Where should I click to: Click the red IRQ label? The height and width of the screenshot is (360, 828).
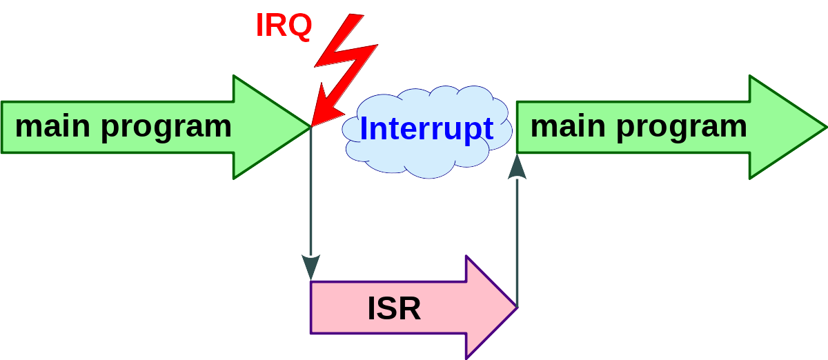point(284,25)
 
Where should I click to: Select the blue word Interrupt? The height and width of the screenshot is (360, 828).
point(426,129)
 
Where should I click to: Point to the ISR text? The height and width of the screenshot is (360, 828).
point(394,309)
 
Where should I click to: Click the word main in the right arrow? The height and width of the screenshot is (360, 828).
point(569,126)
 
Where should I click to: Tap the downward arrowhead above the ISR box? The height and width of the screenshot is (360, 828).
point(310,268)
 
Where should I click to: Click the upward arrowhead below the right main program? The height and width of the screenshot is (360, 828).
point(517,168)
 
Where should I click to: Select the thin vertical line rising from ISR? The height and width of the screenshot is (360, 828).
point(517,241)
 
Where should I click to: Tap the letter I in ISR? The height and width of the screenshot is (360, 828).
point(371,309)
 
